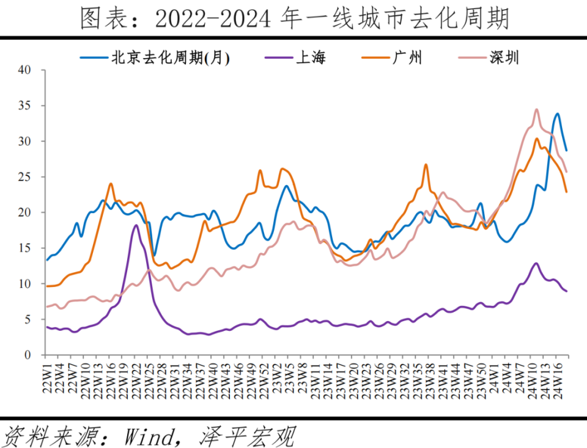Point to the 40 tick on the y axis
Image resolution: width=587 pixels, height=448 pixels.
point(24,70)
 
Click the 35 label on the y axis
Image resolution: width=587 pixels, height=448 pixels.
point(24,106)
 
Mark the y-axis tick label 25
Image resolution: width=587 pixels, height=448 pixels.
point(24,177)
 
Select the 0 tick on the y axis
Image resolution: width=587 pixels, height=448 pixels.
point(28,355)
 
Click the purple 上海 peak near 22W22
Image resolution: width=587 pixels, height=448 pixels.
point(136,225)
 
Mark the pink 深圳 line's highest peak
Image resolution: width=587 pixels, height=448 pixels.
point(536,109)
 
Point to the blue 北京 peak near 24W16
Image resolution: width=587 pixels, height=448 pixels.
point(557,114)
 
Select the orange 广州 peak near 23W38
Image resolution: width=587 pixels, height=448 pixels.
point(426,164)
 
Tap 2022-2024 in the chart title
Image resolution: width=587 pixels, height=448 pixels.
point(211,19)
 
